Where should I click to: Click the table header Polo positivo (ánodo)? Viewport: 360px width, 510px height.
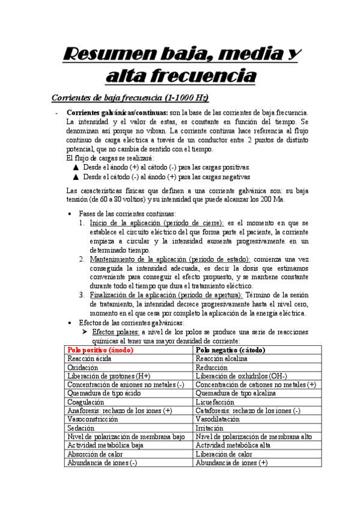coord(100,350)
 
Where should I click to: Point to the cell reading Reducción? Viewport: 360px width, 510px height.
coord(212,367)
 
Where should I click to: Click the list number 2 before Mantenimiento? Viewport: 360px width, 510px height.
coord(83,259)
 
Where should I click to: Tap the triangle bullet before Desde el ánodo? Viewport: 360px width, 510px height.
coord(75,168)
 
